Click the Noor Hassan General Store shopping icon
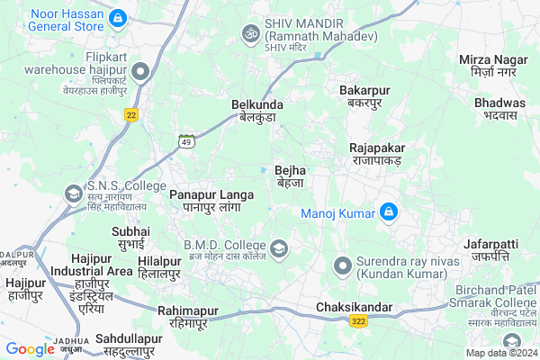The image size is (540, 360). pos(117,17)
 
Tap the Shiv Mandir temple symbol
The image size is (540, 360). pos(249,33)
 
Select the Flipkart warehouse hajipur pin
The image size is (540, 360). pos(139,72)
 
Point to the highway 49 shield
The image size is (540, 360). pos(186,141)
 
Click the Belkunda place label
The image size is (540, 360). pos(257,110)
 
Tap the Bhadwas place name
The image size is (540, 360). pos(499,109)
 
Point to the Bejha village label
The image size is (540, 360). pos(291,175)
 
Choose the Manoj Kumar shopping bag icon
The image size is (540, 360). pos(389,212)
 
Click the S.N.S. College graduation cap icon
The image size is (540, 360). pos(72,193)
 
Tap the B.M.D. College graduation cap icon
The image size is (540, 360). pos(279,247)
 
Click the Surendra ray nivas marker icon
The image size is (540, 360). pos(342,265)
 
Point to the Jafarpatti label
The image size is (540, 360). pos(490,249)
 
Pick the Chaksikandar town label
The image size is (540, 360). pos(355,308)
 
